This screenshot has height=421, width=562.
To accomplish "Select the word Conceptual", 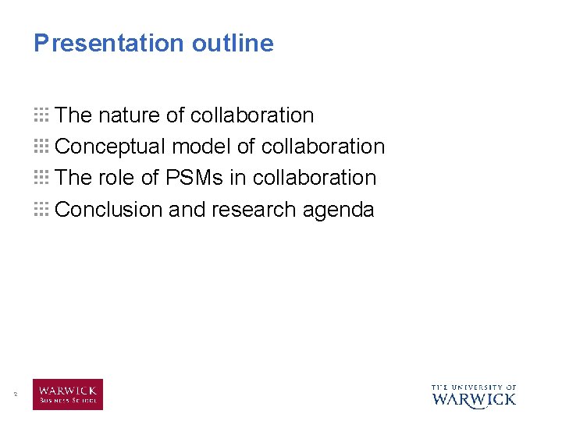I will tap(111, 147).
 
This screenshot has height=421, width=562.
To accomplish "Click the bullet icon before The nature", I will tap(41, 115).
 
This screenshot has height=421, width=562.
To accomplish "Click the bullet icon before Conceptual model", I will tap(41, 147).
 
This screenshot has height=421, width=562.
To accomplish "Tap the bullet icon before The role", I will tap(41, 178).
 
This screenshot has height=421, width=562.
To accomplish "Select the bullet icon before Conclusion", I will tap(41, 209).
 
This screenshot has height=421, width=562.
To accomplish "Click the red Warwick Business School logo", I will tap(68, 394).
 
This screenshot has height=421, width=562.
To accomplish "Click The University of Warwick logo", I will tap(474, 395).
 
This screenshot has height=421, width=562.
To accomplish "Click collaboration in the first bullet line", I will tap(252, 115).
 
